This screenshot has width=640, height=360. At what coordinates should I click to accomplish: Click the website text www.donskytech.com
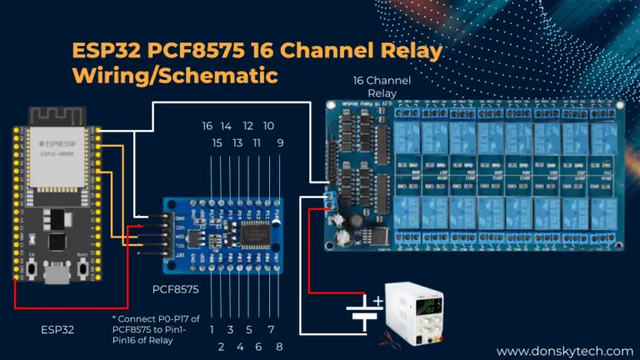point(564,352)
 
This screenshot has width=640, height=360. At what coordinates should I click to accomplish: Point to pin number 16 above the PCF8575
point(207,126)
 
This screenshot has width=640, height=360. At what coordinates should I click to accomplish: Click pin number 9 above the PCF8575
point(280,143)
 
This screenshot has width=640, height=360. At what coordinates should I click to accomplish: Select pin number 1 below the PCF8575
point(212,329)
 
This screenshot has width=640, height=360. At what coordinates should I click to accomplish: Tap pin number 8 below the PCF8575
point(280,346)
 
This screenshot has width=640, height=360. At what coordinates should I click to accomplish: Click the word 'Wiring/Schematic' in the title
point(174,74)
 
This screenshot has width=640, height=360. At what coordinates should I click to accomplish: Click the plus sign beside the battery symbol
point(378,301)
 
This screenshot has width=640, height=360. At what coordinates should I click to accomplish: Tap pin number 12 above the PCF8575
point(247,126)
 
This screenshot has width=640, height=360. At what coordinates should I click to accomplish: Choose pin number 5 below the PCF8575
point(248,329)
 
